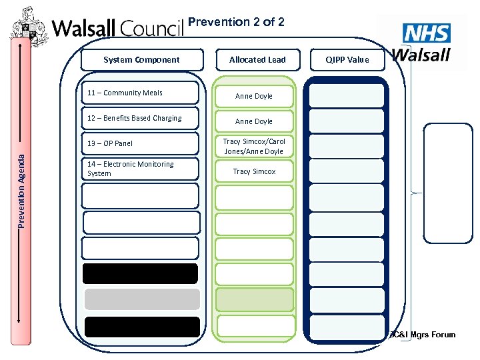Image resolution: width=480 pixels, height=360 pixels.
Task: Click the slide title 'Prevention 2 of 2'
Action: coord(237,22)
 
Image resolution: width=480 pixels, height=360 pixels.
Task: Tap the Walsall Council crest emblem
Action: coord(30,27)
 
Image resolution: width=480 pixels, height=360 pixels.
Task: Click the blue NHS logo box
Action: coord(427,33)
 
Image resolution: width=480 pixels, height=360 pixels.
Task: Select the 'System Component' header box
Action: coord(141,59)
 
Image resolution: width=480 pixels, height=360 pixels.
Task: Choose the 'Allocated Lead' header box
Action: coord(257,59)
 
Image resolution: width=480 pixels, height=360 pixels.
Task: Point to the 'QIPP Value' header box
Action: coord(347,59)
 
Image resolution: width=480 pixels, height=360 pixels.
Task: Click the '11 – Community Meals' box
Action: coord(140,93)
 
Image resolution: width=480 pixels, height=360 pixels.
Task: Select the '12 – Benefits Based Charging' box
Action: coord(140,118)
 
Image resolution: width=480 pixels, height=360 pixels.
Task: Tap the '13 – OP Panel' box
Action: coord(140,143)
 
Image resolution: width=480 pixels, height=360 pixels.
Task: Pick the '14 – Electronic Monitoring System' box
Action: coord(140,169)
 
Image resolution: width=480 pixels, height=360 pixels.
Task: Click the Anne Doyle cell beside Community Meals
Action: coord(253,96)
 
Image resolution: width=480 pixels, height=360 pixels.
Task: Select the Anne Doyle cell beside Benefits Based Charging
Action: coord(253,121)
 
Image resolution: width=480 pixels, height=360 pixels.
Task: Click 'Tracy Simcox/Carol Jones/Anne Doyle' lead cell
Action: coord(253,146)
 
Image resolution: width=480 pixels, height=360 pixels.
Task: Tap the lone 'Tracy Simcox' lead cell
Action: coord(253,171)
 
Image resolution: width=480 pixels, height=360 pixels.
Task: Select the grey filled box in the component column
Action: coord(141,299)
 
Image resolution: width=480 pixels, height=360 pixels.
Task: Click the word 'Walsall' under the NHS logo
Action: coord(421,54)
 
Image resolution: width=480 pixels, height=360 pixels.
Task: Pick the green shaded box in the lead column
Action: coord(255,299)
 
